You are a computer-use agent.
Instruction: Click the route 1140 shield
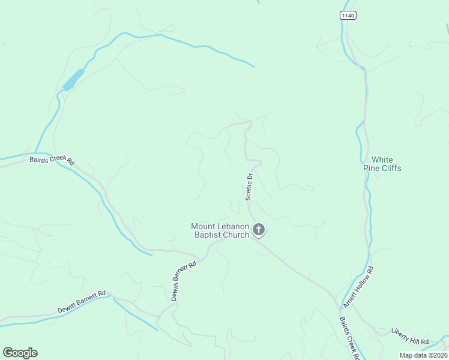coord(347,15)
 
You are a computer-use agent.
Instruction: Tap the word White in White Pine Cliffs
coord(382,160)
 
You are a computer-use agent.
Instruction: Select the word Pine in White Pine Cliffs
coord(371,168)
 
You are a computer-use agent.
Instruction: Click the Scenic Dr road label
coord(249,185)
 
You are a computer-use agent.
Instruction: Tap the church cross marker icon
coord(259,229)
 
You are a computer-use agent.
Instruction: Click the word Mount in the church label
coord(203,226)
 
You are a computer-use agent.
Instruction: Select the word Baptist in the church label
coord(208,235)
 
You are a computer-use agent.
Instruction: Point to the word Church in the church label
coord(236,235)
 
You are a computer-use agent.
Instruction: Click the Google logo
coord(20,353)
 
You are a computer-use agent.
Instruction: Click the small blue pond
coord(73,79)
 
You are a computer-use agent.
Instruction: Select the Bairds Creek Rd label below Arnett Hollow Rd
coord(349,337)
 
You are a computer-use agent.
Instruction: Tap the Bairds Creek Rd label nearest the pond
coord(52,160)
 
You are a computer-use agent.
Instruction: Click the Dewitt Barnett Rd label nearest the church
coord(182,281)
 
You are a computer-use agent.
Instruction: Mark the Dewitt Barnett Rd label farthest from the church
coord(82,302)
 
